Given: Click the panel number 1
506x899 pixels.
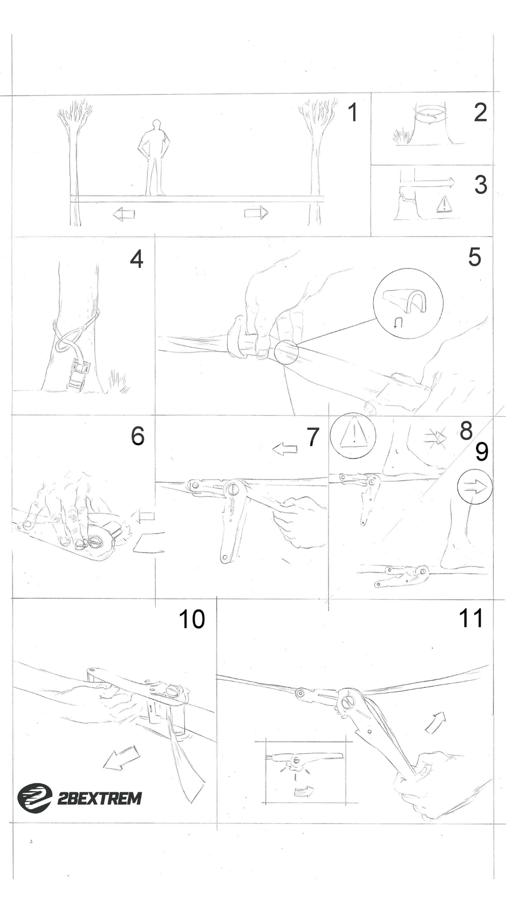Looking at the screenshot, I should tap(352, 113).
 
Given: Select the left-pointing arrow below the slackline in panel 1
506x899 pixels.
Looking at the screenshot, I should tap(124, 214).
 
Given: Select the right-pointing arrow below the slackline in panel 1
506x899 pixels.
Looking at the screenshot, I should tap(256, 213).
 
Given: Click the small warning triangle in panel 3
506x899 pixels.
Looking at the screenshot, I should tap(443, 205).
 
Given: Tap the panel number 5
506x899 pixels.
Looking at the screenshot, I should tap(474, 257).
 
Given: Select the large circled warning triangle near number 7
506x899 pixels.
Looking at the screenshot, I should tap(353, 435).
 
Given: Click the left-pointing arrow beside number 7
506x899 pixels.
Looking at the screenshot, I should tap(285, 449).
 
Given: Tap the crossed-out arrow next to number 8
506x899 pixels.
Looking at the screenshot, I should tap(436, 437).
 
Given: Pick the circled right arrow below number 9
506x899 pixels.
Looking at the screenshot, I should tap(475, 487).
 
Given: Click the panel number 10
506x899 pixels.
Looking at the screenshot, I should tap(192, 619).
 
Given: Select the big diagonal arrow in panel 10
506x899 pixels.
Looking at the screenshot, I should tap(121, 758).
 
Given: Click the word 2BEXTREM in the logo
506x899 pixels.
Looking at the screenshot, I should tap(99, 798).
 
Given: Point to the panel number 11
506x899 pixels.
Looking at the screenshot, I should tap(471, 619).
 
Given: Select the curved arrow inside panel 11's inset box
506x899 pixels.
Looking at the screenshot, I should tap(303, 792).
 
